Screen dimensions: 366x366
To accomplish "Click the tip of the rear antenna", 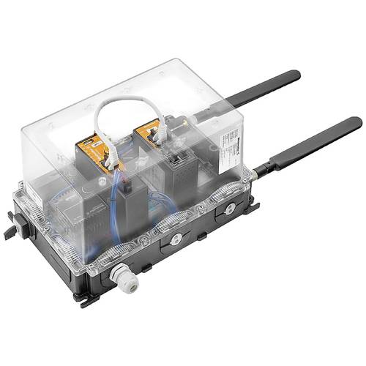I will click(x=295, y=74).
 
